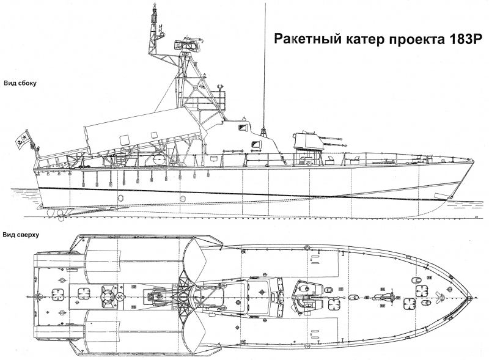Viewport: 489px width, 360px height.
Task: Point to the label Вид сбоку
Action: click(20, 84)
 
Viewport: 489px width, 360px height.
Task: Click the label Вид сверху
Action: click(21, 234)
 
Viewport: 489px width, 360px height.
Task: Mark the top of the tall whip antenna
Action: click(265, 5)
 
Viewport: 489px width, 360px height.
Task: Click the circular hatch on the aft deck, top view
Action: click(108, 298)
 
